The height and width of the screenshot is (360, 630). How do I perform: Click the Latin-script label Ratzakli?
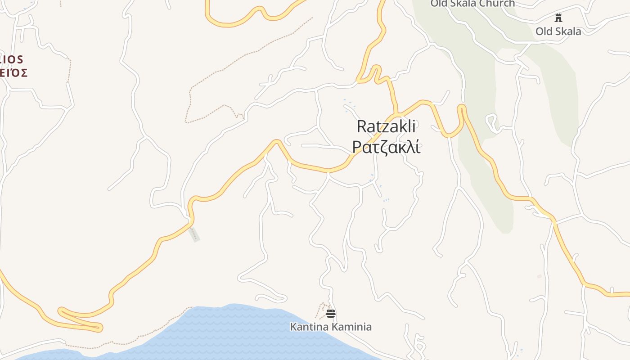click(386, 126)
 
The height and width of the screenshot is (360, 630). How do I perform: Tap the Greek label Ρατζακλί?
click(386, 147)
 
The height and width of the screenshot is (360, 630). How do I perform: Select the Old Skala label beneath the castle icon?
click(558, 31)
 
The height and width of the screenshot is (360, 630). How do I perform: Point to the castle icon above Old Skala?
click(558, 18)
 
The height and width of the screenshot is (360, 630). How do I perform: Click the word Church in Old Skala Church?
click(497, 4)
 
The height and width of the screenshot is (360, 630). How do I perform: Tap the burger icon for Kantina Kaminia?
click(331, 313)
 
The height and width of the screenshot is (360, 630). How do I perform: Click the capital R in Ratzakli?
click(362, 126)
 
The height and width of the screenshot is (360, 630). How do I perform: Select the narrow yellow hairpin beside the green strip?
click(461, 108)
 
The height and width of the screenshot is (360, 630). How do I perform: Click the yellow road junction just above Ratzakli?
click(396, 114)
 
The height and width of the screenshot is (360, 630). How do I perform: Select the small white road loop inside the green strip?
click(491, 121)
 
